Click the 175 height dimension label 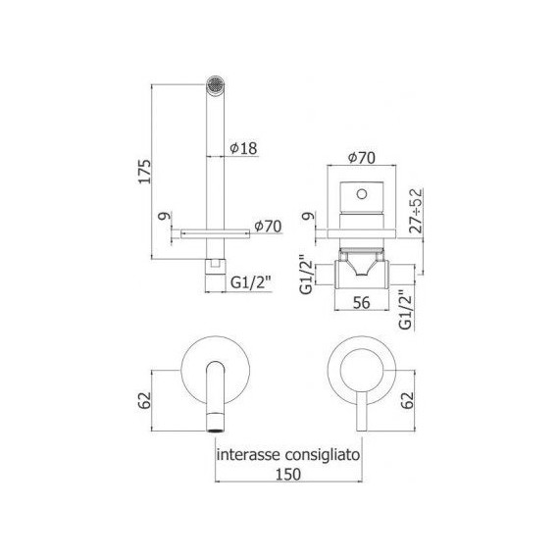[145, 172]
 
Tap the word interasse [251, 455]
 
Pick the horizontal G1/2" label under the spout [250, 283]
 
